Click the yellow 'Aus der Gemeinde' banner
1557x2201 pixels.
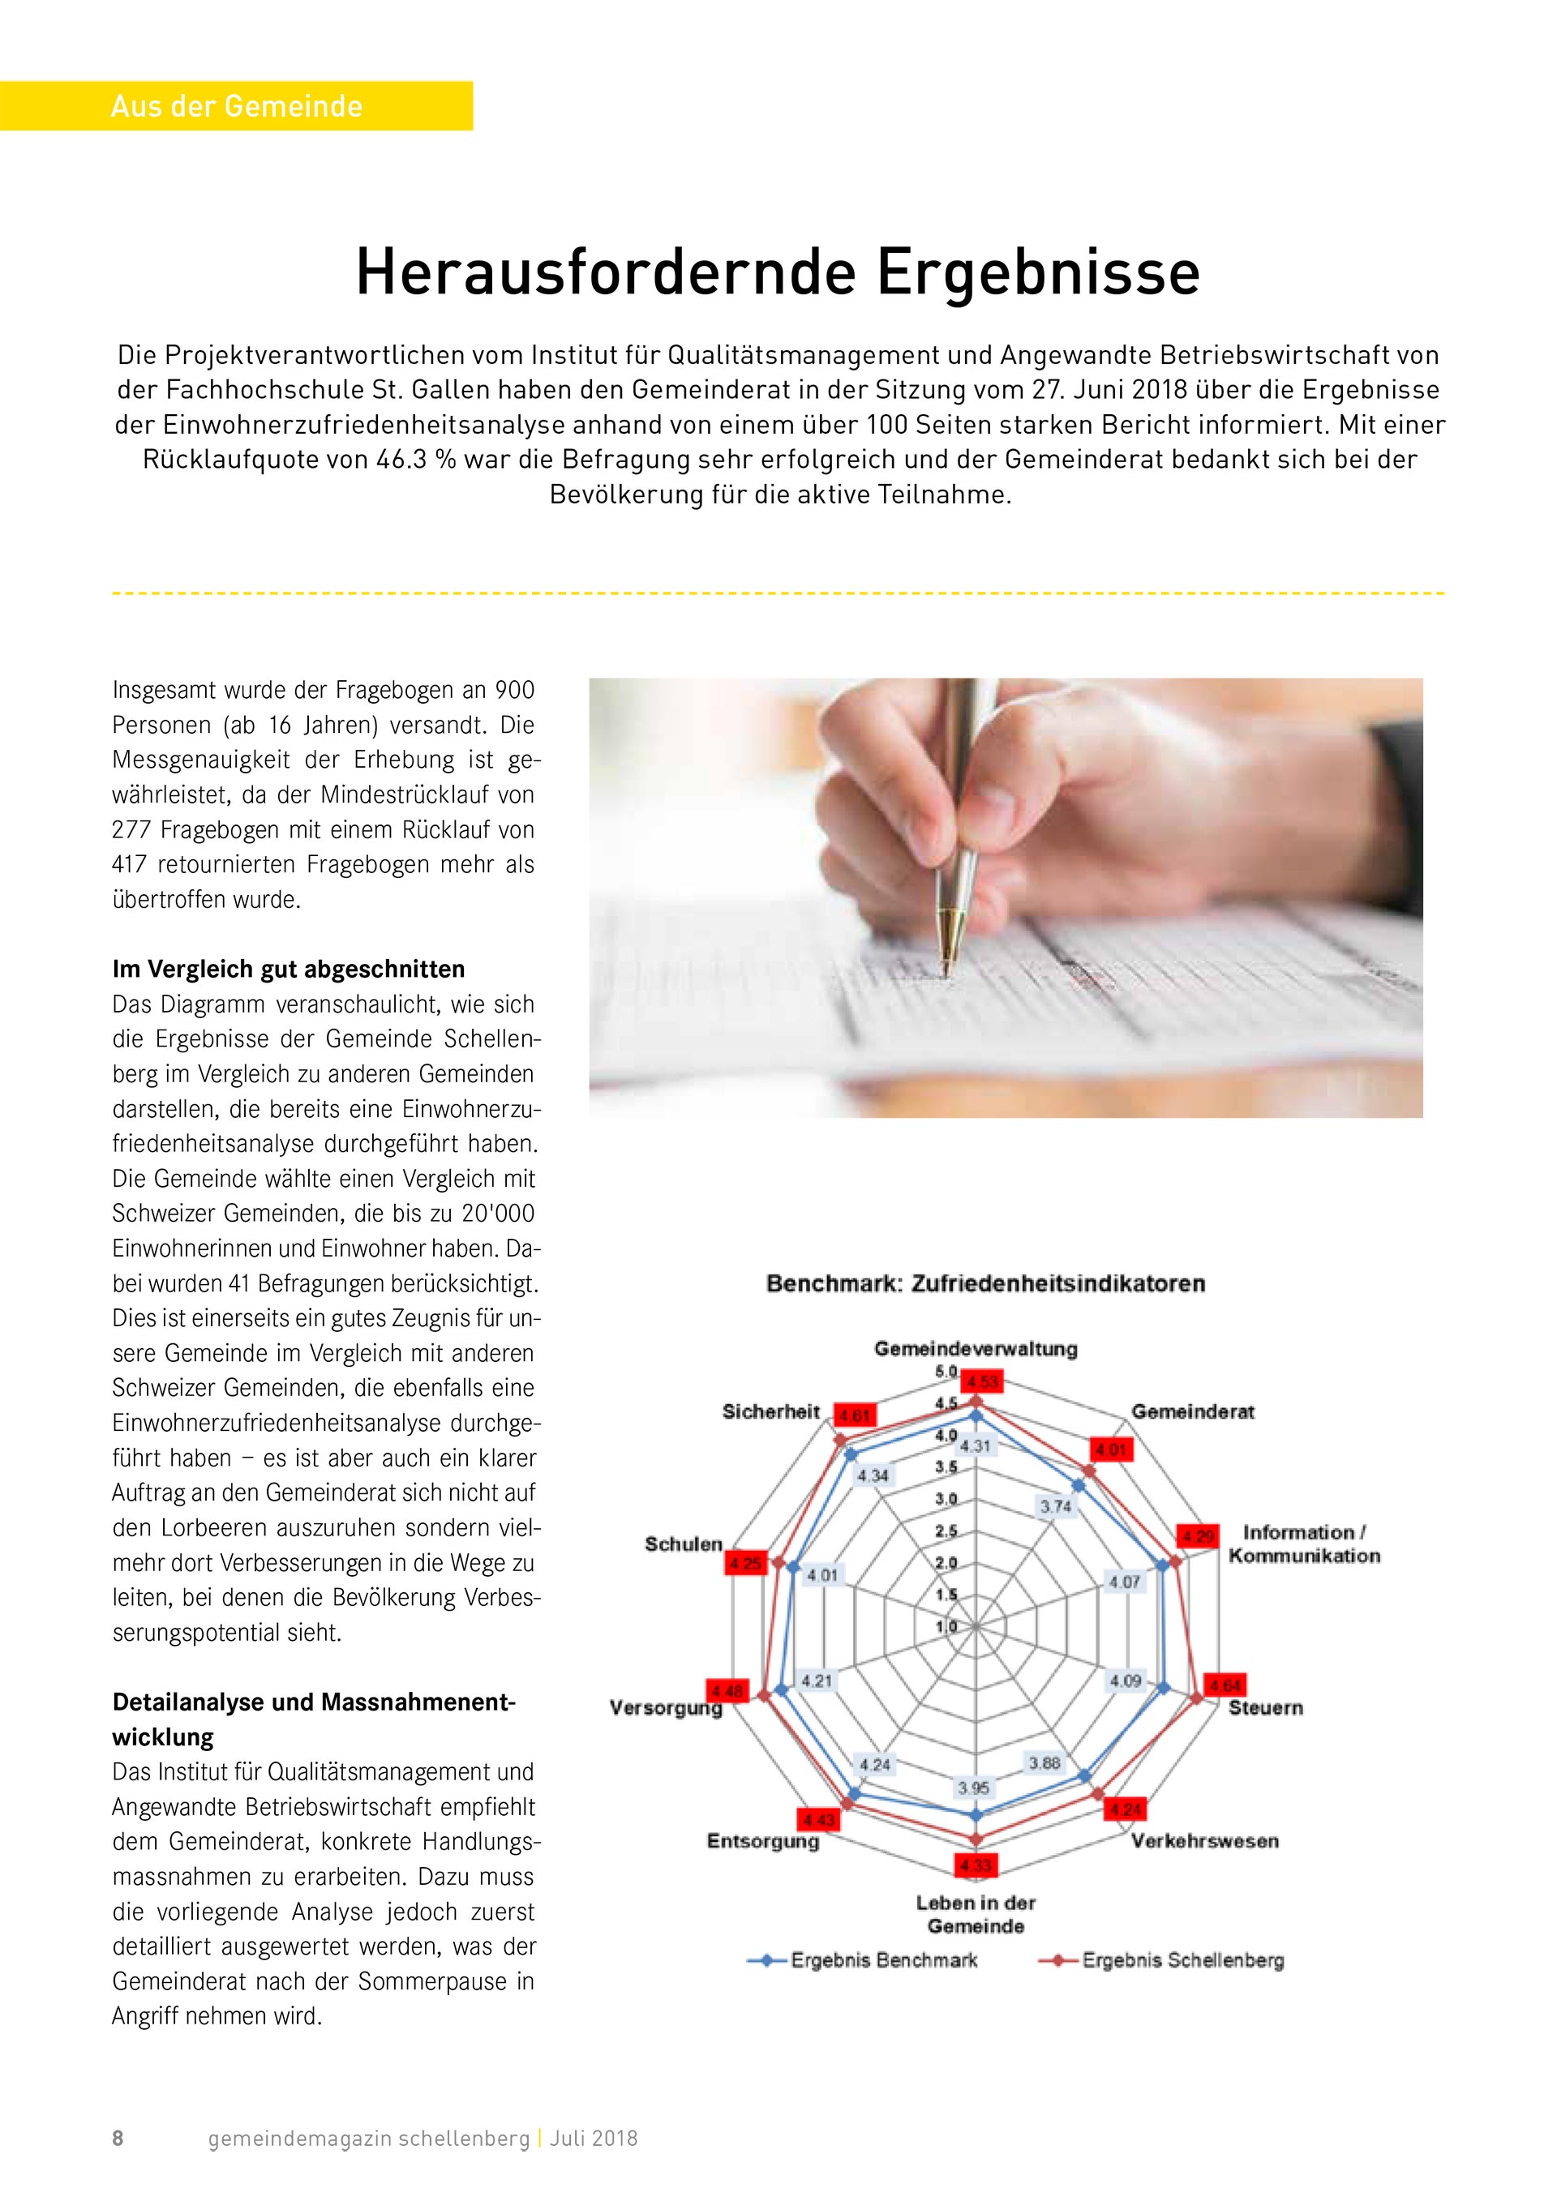pyautogui.click(x=236, y=105)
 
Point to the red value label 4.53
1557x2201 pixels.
pyautogui.click(x=983, y=1381)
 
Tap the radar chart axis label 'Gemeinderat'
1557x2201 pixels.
pyautogui.click(x=1193, y=1411)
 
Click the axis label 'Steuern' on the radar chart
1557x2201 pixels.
pyautogui.click(x=1266, y=1707)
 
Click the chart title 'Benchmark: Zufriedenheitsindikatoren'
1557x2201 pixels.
pyautogui.click(x=985, y=1283)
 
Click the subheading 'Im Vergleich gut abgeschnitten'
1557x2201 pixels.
pyautogui.click(x=289, y=969)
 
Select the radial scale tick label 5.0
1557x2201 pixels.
pyautogui.click(x=946, y=1372)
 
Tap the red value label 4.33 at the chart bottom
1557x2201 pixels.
pyautogui.click(x=974, y=1865)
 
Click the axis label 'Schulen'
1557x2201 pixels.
pyautogui.click(x=684, y=1544)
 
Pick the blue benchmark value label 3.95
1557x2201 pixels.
pyautogui.click(x=974, y=1788)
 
